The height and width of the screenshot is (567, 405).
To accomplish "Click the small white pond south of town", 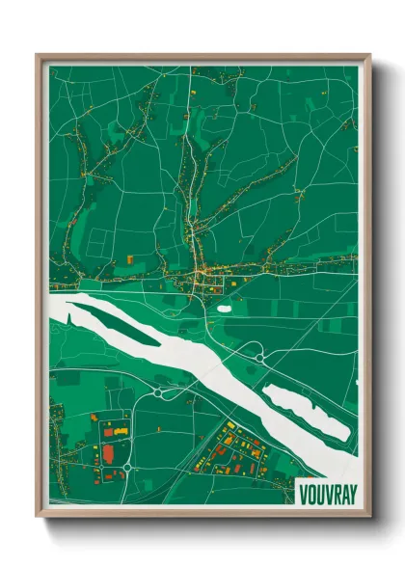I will click(225, 309).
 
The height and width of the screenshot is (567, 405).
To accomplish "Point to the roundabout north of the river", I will click(258, 358).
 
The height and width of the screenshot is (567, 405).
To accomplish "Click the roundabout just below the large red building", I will click(124, 470).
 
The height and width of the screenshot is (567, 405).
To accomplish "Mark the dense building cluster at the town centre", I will click(203, 280).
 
